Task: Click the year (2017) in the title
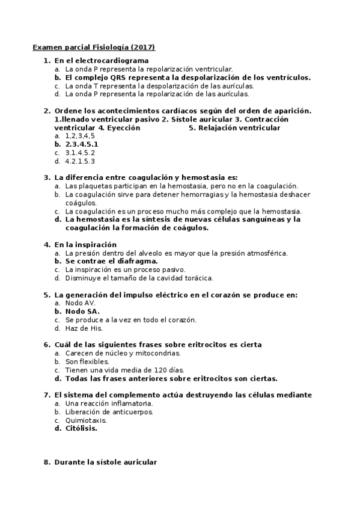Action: (143, 47)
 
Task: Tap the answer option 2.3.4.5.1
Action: (82, 144)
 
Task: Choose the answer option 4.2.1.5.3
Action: (80, 161)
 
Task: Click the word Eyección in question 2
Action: (123, 127)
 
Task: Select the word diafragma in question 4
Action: (136, 262)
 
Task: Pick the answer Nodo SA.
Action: (82, 312)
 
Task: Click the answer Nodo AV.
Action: (80, 303)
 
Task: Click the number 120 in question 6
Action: (138, 370)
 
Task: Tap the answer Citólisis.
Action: (81, 429)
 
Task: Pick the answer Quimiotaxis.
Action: (86, 420)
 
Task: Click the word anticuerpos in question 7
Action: (129, 412)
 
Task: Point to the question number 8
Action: (46, 462)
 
